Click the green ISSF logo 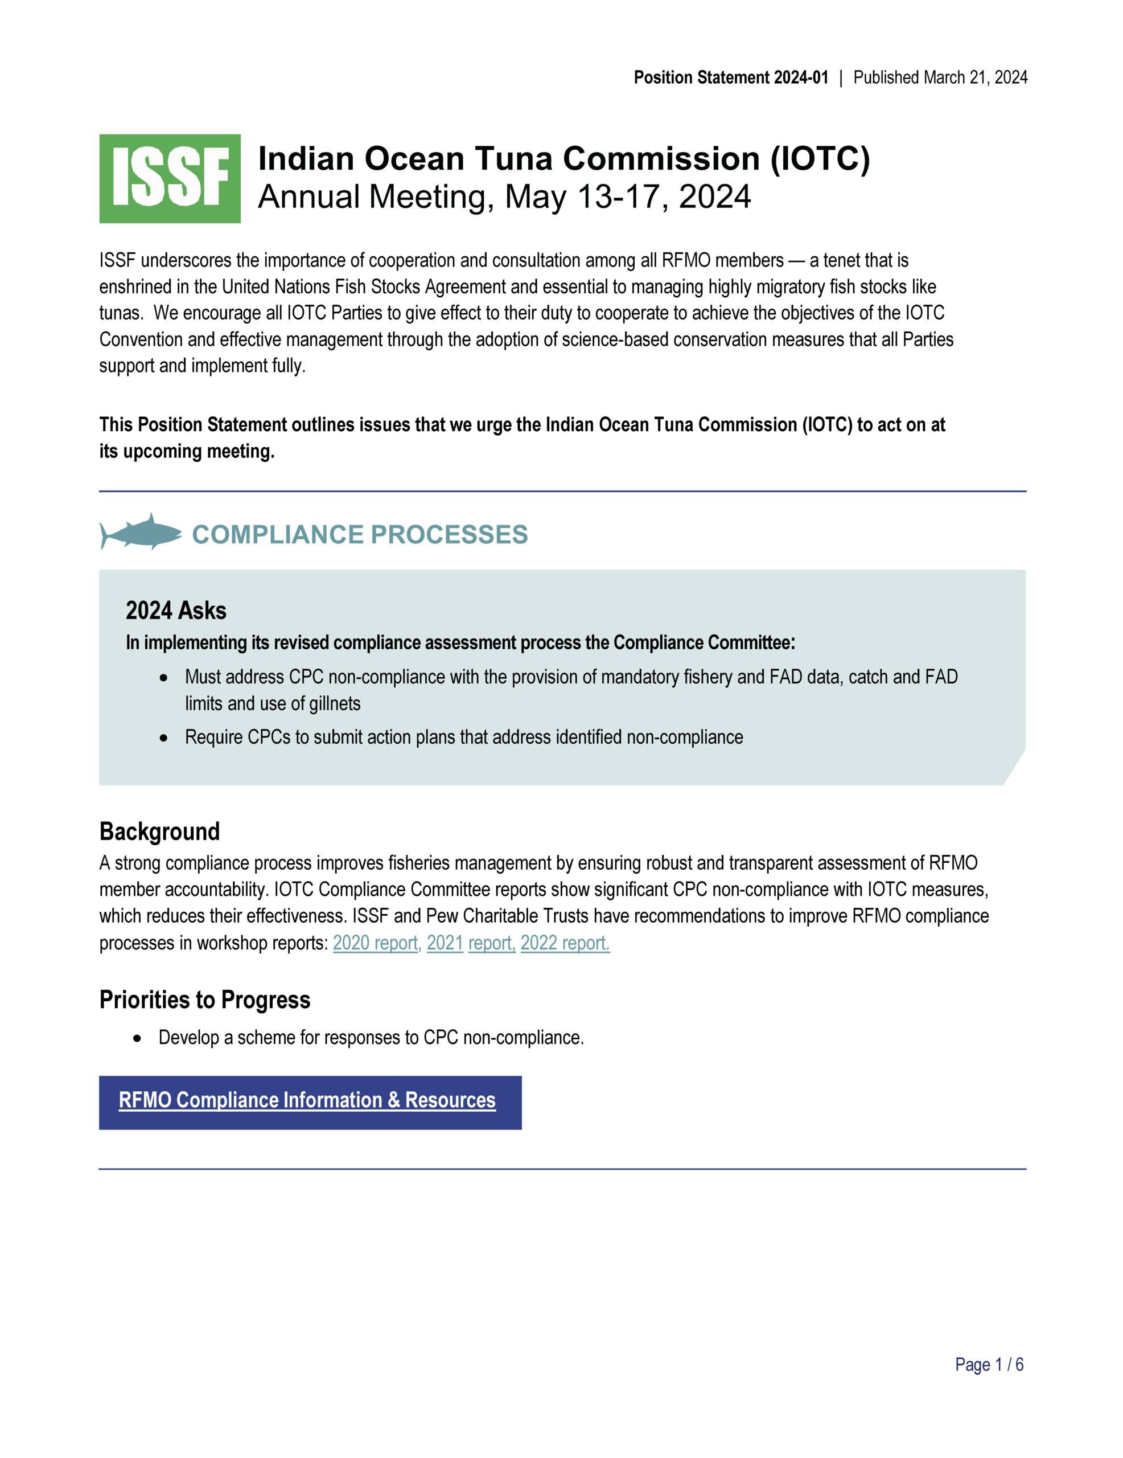tap(170, 178)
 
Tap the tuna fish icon tap(141, 532)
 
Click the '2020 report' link tap(376, 943)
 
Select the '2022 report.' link tap(565, 943)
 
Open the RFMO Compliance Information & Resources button tap(310, 1100)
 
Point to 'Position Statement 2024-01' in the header tap(731, 77)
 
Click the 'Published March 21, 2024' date tap(940, 77)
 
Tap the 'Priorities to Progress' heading tap(205, 1000)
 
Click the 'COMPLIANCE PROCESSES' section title tap(360, 535)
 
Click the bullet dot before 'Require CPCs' tap(164, 738)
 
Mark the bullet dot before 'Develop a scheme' tap(137, 1039)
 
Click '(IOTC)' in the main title tap(820, 159)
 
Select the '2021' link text tap(445, 943)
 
